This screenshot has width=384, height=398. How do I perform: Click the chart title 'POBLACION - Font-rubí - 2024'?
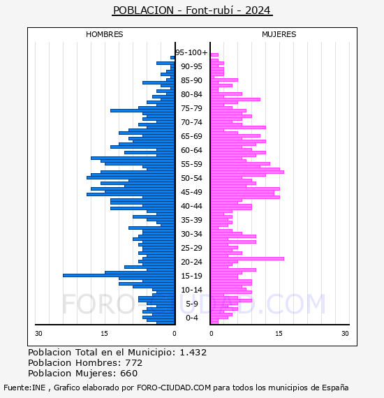coord(192,10)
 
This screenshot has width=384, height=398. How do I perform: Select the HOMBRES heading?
coord(104,34)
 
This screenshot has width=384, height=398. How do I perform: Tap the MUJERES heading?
coord(279,34)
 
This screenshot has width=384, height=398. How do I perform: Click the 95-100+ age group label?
coord(191,52)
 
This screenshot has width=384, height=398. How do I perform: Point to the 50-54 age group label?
coord(191,178)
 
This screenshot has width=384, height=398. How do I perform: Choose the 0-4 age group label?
coord(192,318)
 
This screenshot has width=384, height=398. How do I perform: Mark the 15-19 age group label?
coord(191,276)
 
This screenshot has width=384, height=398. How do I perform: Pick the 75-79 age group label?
coord(191,108)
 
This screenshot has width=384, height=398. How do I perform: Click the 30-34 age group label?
coord(191,234)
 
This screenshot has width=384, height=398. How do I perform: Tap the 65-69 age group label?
coord(191,136)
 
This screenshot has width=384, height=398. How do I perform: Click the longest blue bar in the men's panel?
coord(119,275)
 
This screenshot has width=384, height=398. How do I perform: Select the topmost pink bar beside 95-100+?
coord(214,55)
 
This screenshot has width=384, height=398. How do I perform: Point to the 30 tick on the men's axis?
coord(38,333)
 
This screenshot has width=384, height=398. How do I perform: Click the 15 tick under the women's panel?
coord(279,333)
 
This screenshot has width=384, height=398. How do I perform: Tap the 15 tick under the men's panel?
coord(104,333)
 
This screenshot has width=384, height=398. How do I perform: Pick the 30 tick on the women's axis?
coord(345,333)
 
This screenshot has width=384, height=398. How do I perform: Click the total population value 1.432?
coord(193,353)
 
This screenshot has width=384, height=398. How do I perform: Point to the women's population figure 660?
coord(129,373)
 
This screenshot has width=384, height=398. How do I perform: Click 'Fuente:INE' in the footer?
coord(24,388)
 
